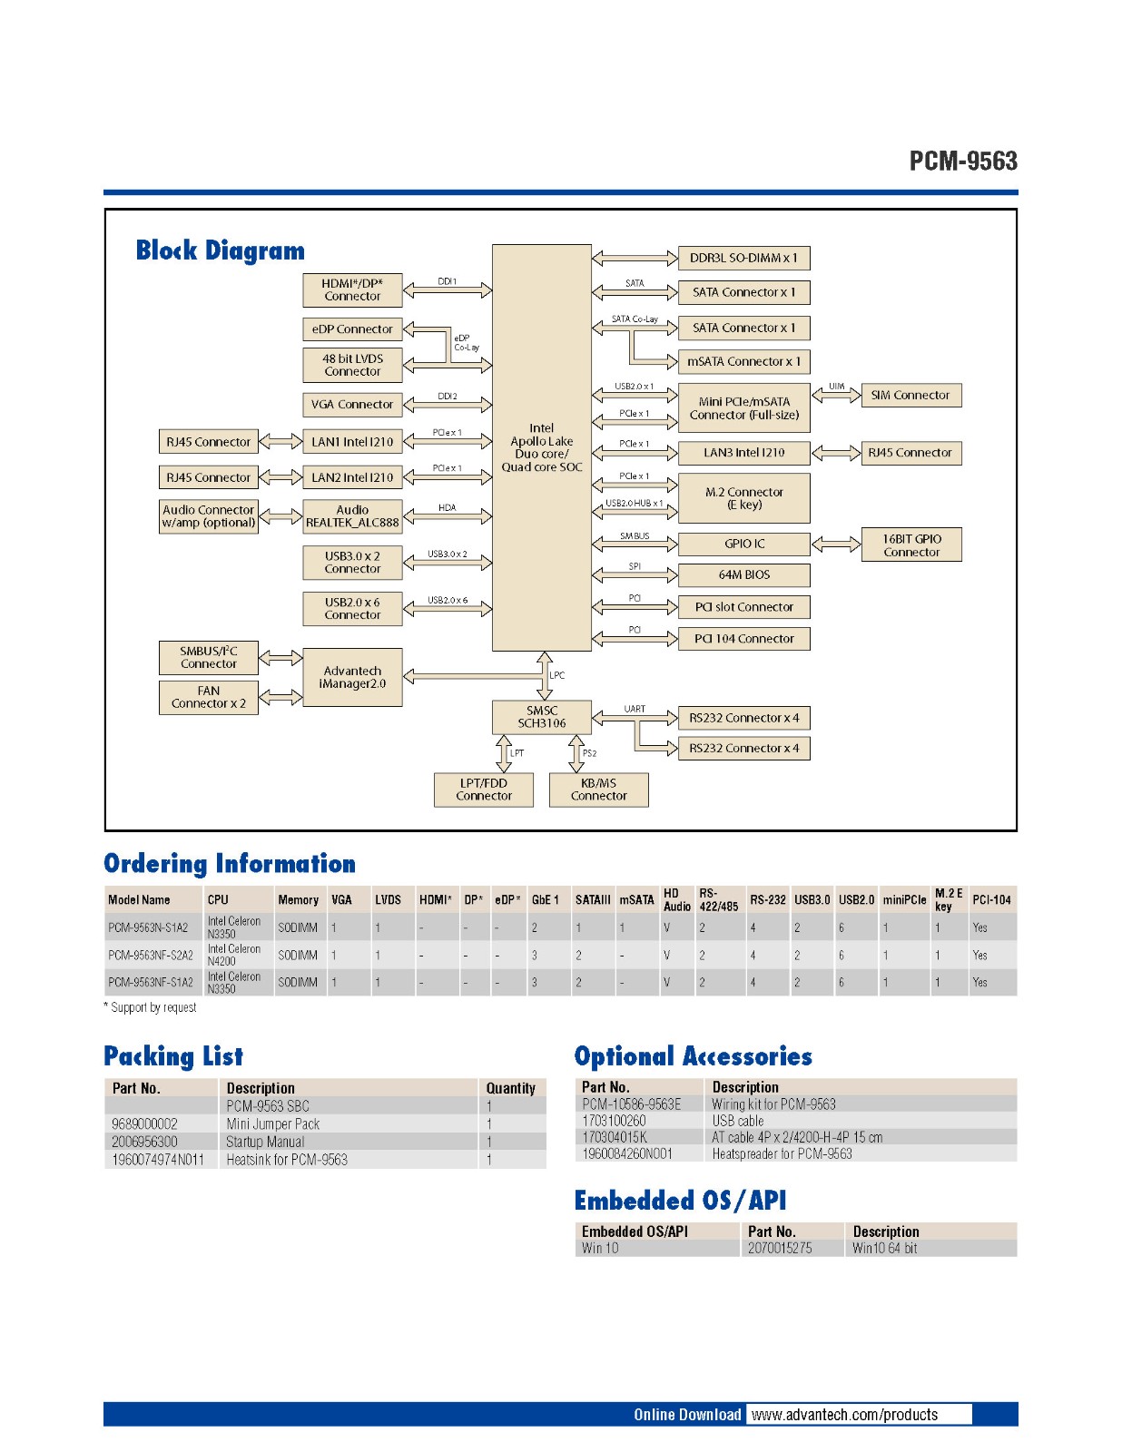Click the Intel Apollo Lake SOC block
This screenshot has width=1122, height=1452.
[541, 447]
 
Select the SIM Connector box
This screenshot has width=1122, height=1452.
[910, 396]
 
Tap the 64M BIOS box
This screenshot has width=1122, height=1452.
[743, 575]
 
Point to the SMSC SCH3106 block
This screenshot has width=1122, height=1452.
[541, 717]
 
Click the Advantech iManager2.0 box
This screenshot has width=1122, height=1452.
[352, 677]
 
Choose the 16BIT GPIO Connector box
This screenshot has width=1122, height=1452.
[910, 545]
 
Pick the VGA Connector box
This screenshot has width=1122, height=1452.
[352, 405]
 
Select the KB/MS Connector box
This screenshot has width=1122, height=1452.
[598, 790]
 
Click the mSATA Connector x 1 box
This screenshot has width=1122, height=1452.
[743, 361]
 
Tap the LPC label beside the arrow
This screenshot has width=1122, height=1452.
[557, 675]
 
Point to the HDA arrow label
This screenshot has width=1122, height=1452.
[448, 508]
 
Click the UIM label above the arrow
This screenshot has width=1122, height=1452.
[836, 387]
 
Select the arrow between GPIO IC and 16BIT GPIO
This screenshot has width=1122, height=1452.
[836, 544]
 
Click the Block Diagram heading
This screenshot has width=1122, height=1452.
[221, 250]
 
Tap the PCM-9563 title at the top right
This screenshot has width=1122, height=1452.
[963, 162]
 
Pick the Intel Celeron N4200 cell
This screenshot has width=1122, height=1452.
[234, 955]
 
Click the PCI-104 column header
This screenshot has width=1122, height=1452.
[991, 900]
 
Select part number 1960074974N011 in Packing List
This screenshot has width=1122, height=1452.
[158, 1160]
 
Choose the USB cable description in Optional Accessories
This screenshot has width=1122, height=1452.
[738, 1121]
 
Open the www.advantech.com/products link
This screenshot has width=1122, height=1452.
[844, 1415]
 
